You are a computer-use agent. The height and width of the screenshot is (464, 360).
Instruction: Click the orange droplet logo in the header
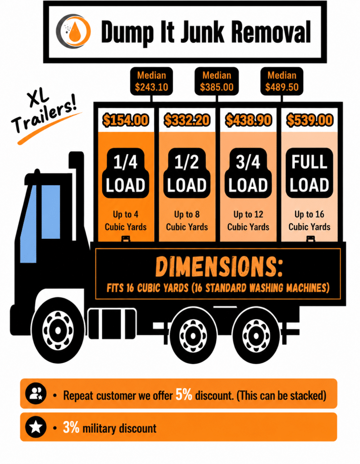pyautogui.click(x=73, y=31)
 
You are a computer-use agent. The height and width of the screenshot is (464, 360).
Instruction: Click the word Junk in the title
pyautogui.click(x=203, y=31)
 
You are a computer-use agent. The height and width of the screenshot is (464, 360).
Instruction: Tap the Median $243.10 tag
pyautogui.click(x=151, y=81)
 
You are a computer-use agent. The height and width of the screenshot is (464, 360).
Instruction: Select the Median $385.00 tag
pyautogui.click(x=217, y=81)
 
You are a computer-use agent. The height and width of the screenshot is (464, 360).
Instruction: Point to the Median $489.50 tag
pyautogui.click(x=282, y=81)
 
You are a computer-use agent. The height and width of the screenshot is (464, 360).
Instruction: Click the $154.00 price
pyautogui.click(x=126, y=120)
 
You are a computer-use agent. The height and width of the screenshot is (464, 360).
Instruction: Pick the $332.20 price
pyautogui.click(x=187, y=120)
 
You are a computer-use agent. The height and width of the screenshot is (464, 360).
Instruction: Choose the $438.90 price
pyautogui.click(x=248, y=120)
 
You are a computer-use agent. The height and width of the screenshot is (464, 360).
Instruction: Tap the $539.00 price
pyautogui.click(x=310, y=120)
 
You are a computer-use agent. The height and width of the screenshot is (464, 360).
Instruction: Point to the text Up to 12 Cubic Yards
pyautogui.click(x=248, y=221)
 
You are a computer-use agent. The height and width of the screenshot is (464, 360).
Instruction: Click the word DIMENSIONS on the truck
pyautogui.click(x=219, y=267)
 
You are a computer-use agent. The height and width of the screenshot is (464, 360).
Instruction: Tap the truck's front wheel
pyautogui.click(x=58, y=330)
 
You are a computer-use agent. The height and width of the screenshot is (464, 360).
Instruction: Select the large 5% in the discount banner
pyautogui.click(x=184, y=394)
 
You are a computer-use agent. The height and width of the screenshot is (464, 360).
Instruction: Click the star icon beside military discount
pyautogui.click(x=36, y=427)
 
